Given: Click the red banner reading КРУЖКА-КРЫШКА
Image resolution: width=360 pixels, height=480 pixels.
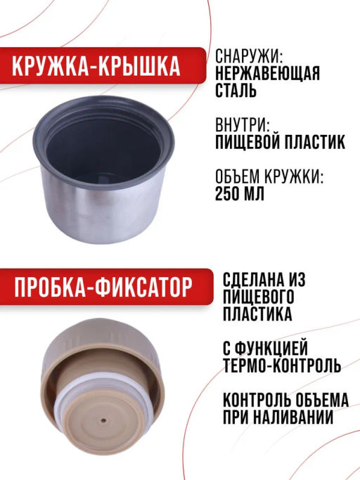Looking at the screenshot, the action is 103,65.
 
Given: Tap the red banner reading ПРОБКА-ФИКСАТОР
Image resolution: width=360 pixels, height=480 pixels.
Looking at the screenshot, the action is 105,287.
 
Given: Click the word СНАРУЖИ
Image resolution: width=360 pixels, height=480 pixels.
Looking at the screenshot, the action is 248,56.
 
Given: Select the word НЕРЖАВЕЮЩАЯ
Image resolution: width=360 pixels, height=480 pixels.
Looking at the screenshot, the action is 267,73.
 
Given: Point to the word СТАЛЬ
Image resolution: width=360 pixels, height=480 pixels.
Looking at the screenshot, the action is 236,90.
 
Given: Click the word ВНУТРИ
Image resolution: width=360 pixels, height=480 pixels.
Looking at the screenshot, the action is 243,125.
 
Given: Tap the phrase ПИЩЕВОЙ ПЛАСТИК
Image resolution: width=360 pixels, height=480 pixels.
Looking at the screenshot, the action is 280,143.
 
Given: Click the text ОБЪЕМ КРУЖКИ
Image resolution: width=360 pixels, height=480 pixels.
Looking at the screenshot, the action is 269,176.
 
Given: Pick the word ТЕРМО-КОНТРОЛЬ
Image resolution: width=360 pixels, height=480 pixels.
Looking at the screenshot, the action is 282,365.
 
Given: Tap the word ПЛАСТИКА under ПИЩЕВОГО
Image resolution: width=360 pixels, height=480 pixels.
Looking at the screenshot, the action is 257,313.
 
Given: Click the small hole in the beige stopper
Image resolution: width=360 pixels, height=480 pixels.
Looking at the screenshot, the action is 103,420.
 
